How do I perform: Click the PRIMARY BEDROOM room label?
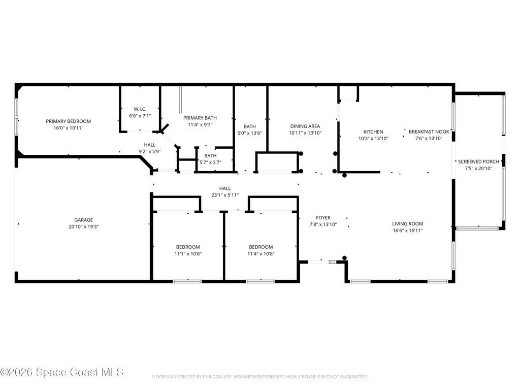coord(68,121)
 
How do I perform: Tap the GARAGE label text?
coord(83,220)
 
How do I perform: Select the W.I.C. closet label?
coord(140,109)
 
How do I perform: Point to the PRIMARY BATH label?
coord(200,118)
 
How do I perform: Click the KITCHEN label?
coord(373,132)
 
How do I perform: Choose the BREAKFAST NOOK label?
coord(429,132)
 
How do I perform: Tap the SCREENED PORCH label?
coord(478,161)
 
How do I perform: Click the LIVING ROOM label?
coord(407,223)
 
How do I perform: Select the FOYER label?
coord(323,218)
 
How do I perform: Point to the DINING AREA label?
coord(305,126)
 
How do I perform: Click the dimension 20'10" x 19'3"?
coord(83,227)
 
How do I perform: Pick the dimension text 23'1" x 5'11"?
coord(224,195)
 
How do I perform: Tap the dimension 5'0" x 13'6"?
coord(249,134)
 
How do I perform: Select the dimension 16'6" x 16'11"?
coord(407,231)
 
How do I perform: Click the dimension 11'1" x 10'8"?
coord(188,254)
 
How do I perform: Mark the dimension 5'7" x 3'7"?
coord(210,162)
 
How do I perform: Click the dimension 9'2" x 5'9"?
coord(149,151)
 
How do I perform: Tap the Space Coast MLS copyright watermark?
coord(62,372)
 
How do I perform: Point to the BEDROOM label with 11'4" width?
coord(261,247)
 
